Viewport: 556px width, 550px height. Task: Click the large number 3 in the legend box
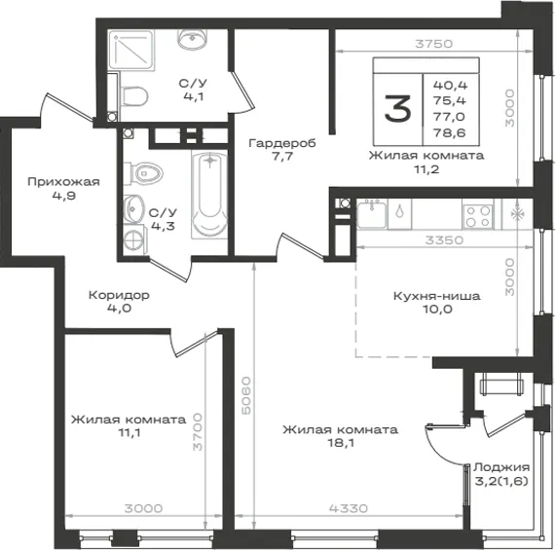tap(397, 109)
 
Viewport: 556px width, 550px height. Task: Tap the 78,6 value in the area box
tap(449, 133)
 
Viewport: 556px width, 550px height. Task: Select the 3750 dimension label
tap(434, 44)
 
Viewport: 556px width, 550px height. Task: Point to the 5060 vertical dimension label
tap(245, 395)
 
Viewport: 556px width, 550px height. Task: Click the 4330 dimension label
tap(349, 508)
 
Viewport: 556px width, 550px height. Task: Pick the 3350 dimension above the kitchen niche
tap(444, 240)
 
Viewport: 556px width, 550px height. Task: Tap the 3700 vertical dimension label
tap(198, 431)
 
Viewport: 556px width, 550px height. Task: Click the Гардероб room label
tap(282, 143)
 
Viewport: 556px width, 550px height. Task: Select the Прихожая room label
tap(64, 182)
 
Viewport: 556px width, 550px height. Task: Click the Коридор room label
tap(119, 295)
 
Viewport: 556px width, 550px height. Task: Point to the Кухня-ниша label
tap(437, 296)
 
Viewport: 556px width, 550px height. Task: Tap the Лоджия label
tap(501, 467)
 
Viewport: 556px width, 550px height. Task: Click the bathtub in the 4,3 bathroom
tap(209, 194)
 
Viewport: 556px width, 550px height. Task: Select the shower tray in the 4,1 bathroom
tap(130, 50)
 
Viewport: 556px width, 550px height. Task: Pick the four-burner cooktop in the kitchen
tap(478, 216)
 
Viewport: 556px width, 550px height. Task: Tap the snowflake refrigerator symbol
tap(517, 214)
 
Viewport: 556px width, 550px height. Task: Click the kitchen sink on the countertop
tap(372, 214)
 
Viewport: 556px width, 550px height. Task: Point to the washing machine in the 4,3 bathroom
tap(135, 239)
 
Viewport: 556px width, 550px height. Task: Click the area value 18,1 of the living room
tap(341, 443)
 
